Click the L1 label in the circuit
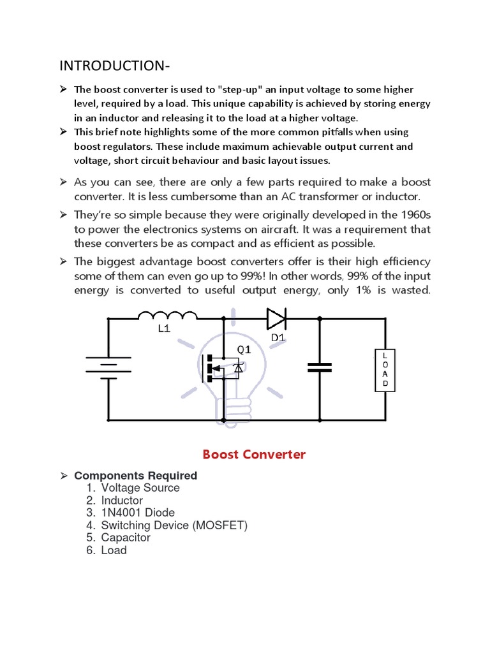click(165, 330)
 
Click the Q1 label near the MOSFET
click(244, 349)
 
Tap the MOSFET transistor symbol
click(220, 369)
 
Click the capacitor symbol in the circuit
click(319, 367)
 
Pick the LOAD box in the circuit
click(385, 370)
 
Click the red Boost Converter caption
click(254, 455)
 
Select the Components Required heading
click(136, 476)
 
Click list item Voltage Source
click(140, 488)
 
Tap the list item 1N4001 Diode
click(138, 513)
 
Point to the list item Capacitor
click(126, 538)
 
